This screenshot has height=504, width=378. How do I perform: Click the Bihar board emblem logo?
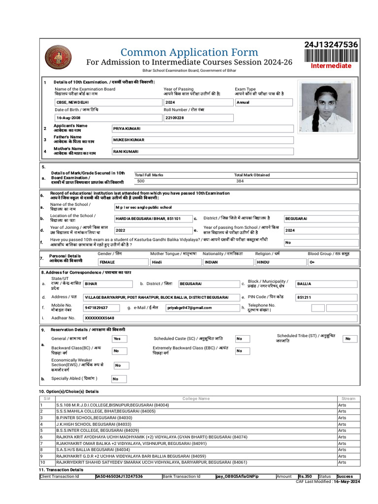pos(58,58)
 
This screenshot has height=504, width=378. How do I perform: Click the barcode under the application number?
pos(331,55)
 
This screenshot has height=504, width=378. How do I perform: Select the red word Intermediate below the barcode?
pos(331,66)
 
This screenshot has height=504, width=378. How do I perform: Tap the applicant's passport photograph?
pos(327,107)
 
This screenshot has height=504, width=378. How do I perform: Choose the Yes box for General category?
pos(119,339)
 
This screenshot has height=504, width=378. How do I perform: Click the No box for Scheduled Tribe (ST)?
pos(350,339)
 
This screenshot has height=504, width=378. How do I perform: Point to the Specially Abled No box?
pos(119,379)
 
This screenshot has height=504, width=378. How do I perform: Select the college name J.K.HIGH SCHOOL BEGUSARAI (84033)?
pos(87,424)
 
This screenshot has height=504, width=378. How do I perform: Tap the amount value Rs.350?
pos(305,476)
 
